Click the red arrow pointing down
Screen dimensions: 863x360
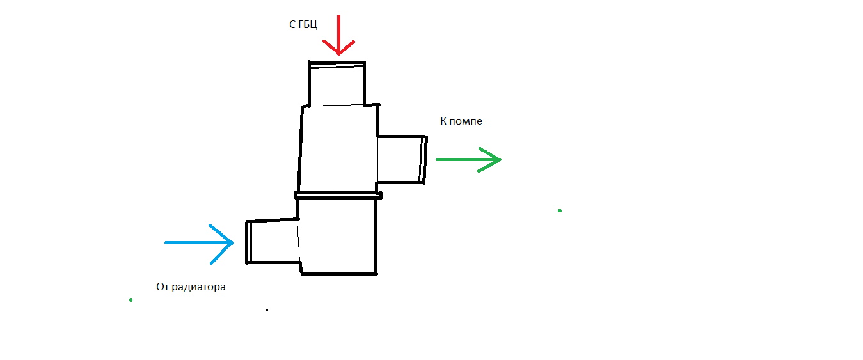338,35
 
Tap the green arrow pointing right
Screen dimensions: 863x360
468,159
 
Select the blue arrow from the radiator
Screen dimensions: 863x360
199,243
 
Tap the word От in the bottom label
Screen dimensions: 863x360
162,287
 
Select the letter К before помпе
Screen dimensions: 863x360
443,120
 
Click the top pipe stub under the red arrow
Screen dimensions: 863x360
336,84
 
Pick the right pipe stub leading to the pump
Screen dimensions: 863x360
400,159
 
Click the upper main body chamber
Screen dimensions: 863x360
338,148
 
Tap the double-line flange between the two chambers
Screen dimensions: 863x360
338,194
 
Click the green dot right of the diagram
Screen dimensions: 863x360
560,210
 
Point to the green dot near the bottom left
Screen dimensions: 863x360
131,300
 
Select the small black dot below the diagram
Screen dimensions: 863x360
267,310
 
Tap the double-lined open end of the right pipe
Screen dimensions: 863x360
423,159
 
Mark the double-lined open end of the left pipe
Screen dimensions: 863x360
248,242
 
